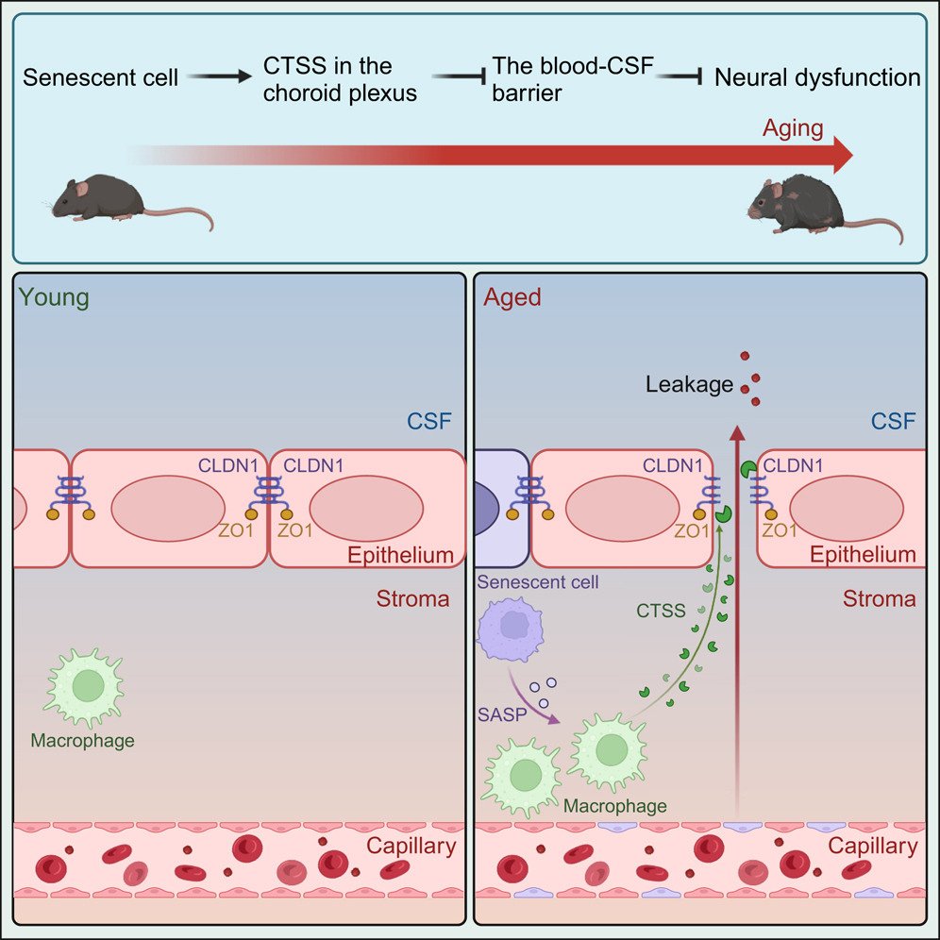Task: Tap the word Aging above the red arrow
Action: click(793, 128)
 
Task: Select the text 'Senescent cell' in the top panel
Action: click(100, 77)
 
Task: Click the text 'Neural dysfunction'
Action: click(817, 77)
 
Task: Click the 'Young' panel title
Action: click(54, 297)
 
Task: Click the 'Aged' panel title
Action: click(512, 297)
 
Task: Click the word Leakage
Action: click(690, 384)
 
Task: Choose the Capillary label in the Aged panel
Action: click(872, 846)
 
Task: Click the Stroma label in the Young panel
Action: click(412, 598)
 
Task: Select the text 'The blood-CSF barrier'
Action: click(572, 79)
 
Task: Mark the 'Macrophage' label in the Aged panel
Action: click(614, 806)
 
